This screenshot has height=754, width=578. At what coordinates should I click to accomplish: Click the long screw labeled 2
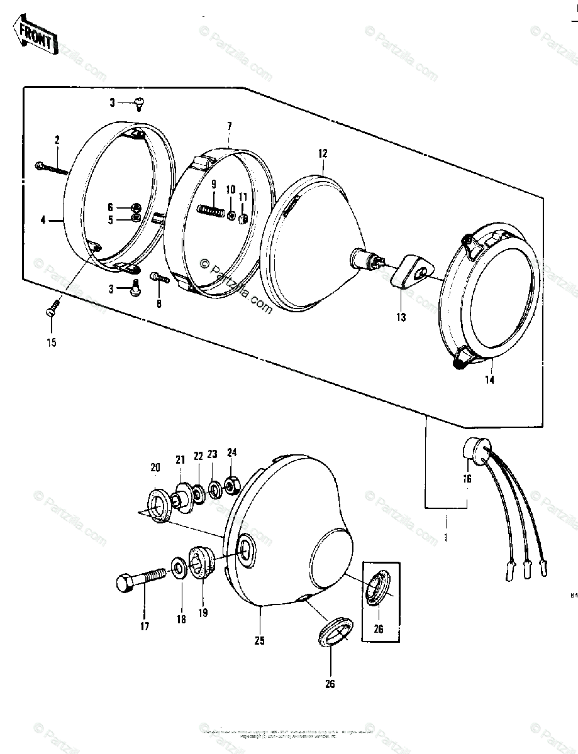coord(51,168)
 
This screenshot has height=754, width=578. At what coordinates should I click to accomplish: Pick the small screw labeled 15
coord(52,310)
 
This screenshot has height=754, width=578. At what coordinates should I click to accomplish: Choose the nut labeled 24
coord(231,483)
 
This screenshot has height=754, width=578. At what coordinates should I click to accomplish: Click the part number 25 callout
coord(260,641)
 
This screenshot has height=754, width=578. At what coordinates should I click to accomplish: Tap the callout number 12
coord(323,153)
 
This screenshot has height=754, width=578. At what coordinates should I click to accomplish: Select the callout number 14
coord(489,380)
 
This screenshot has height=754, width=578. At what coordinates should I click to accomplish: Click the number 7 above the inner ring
coord(230,126)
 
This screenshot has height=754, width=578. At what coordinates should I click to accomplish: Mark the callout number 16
coord(466,479)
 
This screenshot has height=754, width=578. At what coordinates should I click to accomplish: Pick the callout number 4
coord(43,220)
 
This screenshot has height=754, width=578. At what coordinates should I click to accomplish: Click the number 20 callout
coord(155,467)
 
